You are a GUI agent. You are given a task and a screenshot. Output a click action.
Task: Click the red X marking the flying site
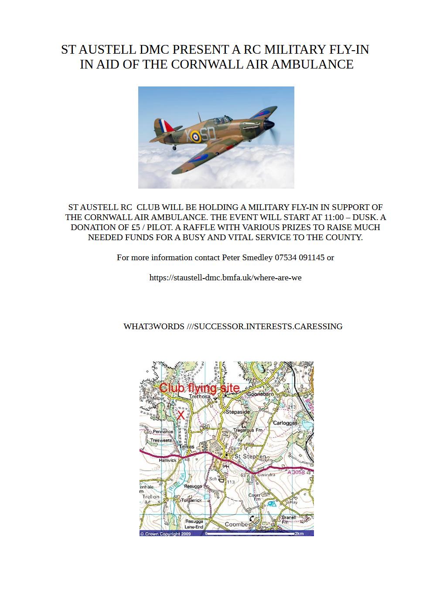click(x=180, y=415)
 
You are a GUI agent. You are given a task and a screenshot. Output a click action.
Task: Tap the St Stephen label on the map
click(x=250, y=457)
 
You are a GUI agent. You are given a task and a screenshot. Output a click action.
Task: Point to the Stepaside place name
click(x=238, y=412)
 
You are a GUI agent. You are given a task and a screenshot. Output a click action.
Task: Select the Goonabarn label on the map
click(x=260, y=394)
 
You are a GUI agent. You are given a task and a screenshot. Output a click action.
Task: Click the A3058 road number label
click(x=297, y=472)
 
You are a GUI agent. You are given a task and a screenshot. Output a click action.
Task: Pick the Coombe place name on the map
click(x=236, y=524)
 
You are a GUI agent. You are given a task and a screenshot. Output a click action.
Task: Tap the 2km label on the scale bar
click(x=299, y=534)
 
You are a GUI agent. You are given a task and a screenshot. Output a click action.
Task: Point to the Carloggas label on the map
click(x=285, y=423)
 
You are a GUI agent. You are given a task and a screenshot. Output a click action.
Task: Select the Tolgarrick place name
click(x=191, y=500)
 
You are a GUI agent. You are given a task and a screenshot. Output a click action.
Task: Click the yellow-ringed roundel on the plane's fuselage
click(x=197, y=137)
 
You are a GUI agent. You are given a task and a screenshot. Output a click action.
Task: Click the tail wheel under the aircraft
click(x=174, y=148)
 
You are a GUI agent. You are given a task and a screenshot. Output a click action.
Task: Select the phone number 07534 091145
click(x=300, y=258)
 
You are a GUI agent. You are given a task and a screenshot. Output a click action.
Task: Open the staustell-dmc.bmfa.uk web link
click(x=225, y=278)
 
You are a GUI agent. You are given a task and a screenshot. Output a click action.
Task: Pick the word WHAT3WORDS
click(x=153, y=327)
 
